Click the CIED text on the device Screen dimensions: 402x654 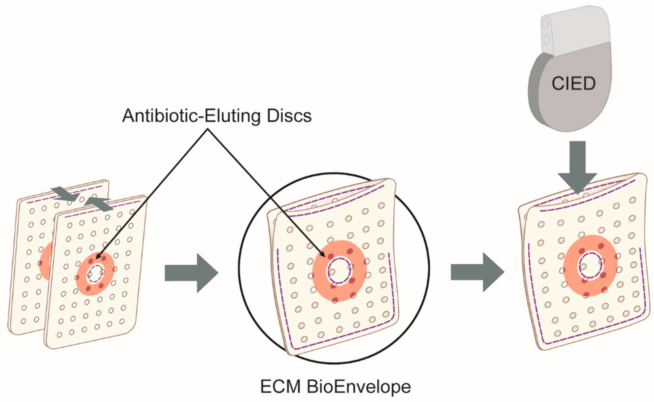[573, 84]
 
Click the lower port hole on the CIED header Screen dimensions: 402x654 [547, 40]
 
